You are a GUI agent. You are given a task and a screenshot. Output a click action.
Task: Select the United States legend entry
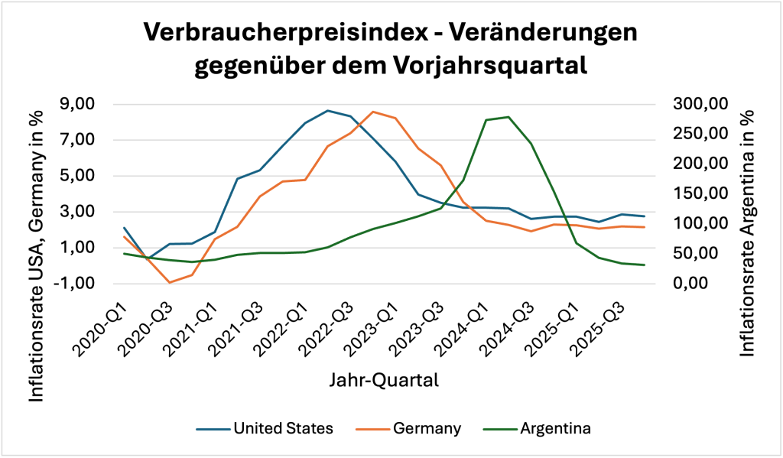283,428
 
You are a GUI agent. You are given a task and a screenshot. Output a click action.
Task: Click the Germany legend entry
427,428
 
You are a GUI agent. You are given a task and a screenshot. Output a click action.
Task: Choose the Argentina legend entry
556,428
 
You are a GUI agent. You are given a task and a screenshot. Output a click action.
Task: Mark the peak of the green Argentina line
508,117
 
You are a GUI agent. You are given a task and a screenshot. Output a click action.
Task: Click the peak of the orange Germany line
372,112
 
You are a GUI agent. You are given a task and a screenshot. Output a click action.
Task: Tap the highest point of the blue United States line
327,111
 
